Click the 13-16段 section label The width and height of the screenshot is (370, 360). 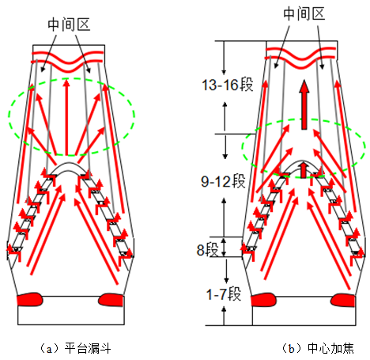click(227, 85)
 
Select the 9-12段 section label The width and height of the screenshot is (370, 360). click(223, 181)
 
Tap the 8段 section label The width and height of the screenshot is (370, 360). click(208, 249)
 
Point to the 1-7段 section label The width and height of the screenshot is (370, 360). click(224, 294)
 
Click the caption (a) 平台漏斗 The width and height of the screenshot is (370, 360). click(75, 348)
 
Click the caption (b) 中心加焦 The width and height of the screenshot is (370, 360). click(318, 348)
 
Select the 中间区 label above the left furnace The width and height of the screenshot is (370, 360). click(69, 25)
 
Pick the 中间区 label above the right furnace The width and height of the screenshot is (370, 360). click(304, 13)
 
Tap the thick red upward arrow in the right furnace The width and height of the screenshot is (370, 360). click(304, 104)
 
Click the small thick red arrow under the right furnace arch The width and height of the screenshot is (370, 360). click(304, 170)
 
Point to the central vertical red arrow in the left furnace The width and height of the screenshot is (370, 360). click(66, 117)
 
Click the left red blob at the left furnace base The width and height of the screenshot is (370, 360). click(30, 299)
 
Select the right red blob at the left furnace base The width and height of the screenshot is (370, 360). click(111, 300)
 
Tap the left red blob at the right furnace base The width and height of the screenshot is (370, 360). click(264, 300)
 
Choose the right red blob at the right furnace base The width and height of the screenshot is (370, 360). click(343, 300)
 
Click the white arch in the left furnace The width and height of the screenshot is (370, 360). click(70, 165)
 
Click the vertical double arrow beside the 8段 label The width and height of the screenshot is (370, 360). click(224, 247)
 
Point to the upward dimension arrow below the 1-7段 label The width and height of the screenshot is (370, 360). click(224, 316)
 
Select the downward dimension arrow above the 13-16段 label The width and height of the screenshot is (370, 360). click(224, 58)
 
